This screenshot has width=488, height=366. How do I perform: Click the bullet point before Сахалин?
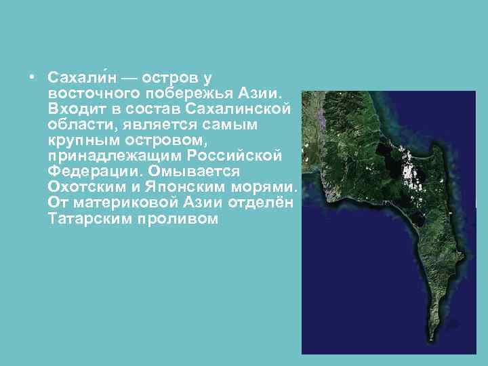tap(33, 75)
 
